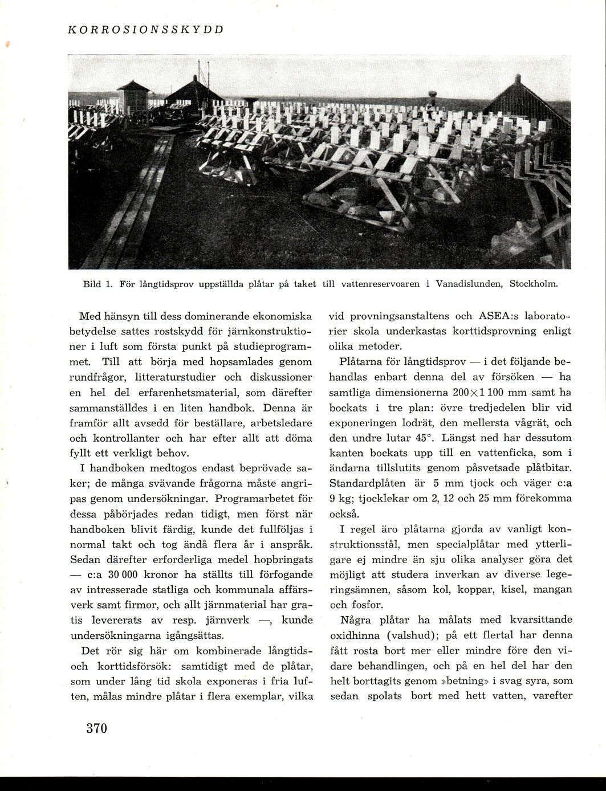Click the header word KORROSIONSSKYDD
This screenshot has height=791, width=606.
coord(145,29)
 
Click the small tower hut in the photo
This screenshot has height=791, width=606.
coord(133,97)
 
